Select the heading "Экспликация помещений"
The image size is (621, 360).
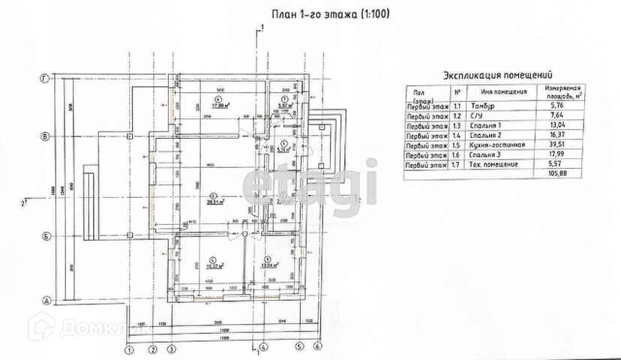click(497, 75)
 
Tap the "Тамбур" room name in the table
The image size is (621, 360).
click(484, 107)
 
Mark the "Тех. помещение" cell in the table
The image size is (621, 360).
click(496, 164)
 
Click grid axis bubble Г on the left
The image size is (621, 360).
click(46, 78)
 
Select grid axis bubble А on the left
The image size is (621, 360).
click(46, 301)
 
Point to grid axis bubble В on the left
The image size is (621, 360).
click(46, 136)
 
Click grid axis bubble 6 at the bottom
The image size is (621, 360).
click(317, 347)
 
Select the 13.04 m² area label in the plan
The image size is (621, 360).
click(268, 265)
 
